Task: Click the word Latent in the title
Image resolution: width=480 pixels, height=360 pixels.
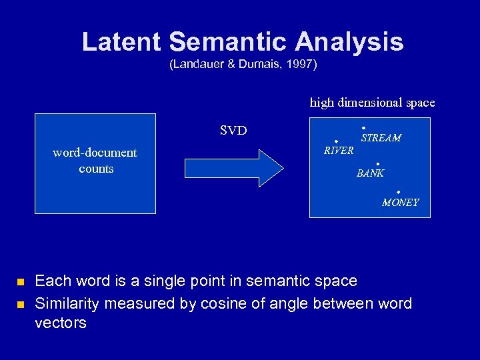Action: (x=121, y=42)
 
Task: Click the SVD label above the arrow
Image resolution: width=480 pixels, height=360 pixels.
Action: (x=233, y=130)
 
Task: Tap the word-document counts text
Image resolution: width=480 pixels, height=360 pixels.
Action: (x=95, y=161)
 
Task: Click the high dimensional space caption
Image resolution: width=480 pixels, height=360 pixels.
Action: (x=372, y=103)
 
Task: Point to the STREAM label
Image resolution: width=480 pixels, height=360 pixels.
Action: (x=381, y=138)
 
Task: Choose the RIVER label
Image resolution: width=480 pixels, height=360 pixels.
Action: (x=339, y=151)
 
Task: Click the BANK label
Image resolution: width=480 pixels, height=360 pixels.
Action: (x=370, y=174)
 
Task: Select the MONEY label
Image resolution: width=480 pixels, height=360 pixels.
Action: (x=400, y=203)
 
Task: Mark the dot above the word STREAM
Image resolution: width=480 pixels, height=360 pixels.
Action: (x=363, y=127)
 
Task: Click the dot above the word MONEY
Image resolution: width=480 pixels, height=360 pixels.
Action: (x=398, y=192)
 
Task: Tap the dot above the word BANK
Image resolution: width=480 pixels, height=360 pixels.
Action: (x=377, y=164)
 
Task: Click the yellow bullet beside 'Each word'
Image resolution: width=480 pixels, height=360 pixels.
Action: (x=21, y=282)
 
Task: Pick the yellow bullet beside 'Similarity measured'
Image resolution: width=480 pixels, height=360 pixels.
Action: (x=21, y=305)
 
